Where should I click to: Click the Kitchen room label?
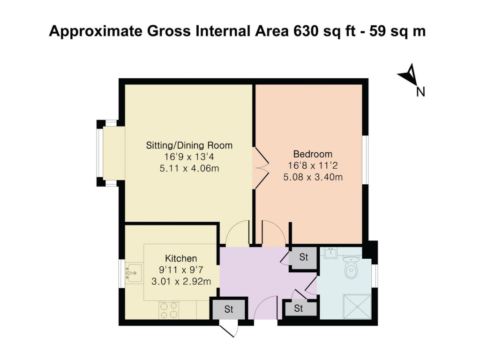(181, 258)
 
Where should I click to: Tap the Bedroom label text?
(313, 154)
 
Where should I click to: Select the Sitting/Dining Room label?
(189, 145)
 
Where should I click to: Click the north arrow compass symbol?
(409, 76)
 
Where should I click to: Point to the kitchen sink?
(135, 272)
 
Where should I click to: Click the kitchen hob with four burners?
(170, 309)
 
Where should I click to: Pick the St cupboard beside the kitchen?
(229, 309)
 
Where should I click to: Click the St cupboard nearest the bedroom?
(304, 257)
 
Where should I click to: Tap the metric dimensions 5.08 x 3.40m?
(313, 177)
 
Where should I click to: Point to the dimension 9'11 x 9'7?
(181, 270)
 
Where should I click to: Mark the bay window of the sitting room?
(100, 153)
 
